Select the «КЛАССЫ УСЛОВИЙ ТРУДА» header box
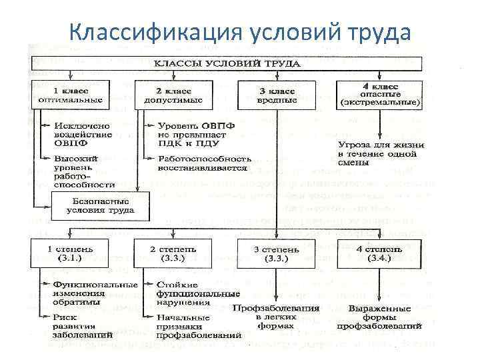(x=227, y=64)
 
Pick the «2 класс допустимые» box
(x=171, y=94)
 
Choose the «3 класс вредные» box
(x=277, y=94)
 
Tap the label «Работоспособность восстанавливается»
(x=204, y=164)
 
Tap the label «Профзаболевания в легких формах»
(x=276, y=314)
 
